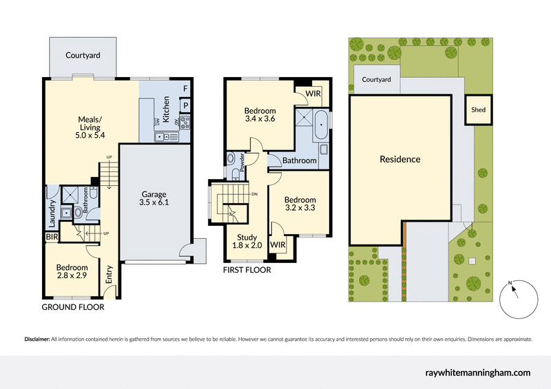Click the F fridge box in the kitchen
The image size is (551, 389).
pos(185,89)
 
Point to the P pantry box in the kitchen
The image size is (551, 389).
pos(185,105)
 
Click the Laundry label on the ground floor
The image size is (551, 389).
pos(52,213)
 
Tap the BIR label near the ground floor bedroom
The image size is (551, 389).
pos(52,236)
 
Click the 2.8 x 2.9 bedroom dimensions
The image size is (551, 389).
pos(72,275)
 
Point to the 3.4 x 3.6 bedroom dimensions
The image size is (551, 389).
pos(260,118)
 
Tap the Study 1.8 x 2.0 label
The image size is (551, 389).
pos(247,242)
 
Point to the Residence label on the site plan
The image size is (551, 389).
pos(400,159)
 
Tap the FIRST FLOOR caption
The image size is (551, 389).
pos(247,271)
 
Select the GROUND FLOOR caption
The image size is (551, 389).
pos(73,307)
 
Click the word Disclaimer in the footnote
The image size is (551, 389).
pos(37,339)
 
